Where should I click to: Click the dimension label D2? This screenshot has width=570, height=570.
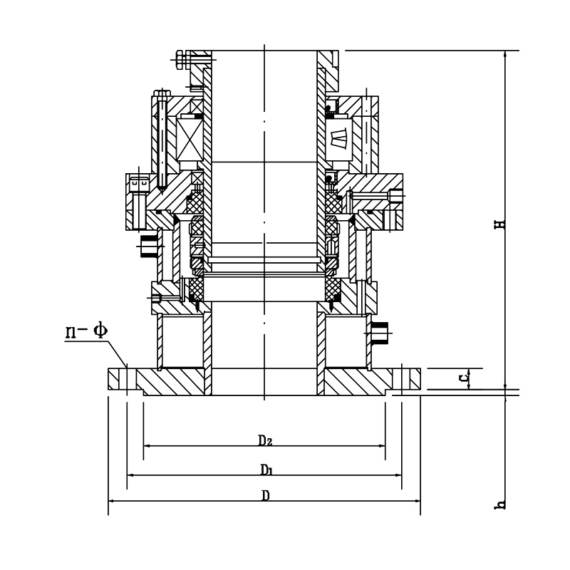[265, 440]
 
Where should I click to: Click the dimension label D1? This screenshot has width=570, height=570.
[266, 469]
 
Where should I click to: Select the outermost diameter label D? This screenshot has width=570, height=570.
[265, 496]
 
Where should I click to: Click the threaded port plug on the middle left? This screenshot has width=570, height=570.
[149, 245]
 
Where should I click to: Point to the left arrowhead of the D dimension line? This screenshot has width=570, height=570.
[110, 502]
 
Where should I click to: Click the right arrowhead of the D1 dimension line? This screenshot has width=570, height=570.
[400, 475]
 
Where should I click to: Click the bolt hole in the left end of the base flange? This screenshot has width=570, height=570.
[127, 378]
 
